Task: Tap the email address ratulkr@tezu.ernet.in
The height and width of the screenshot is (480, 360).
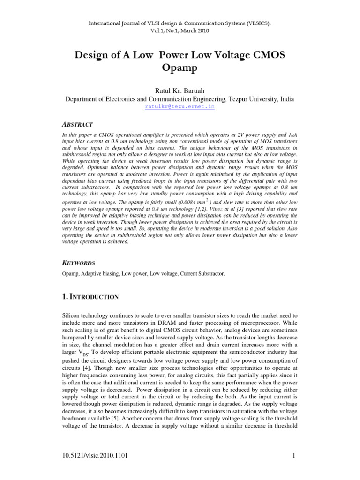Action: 180,107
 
